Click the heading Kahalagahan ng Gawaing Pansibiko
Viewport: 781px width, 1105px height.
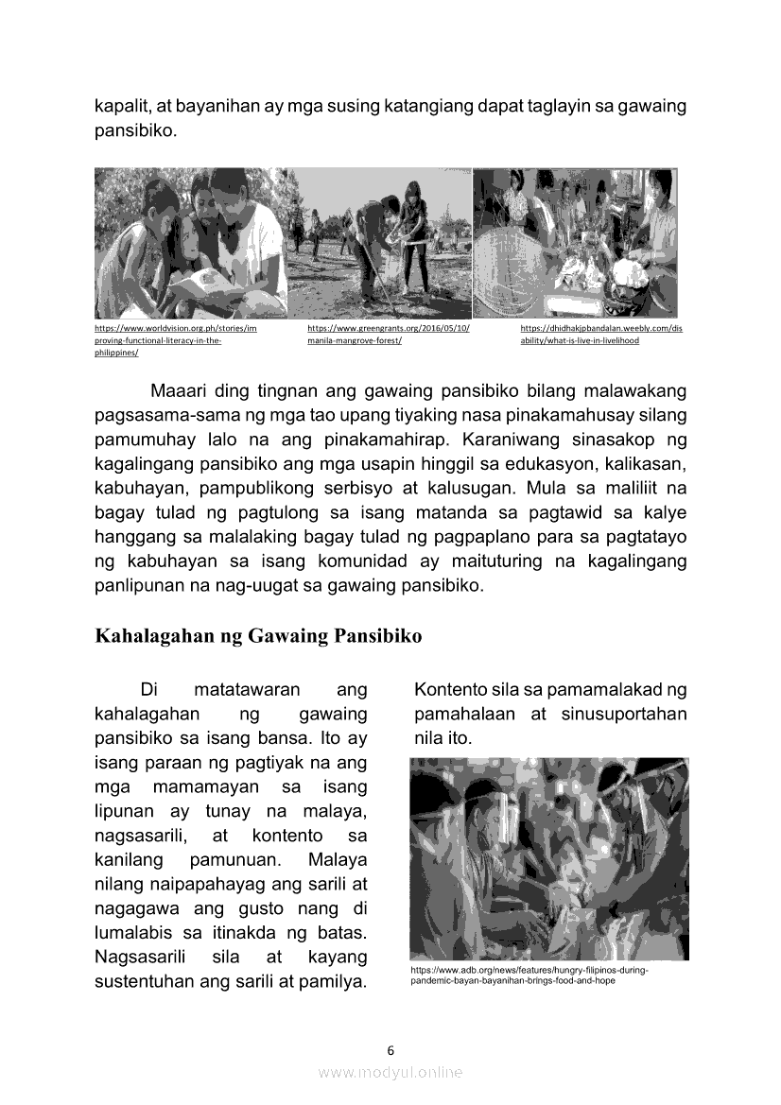(257, 636)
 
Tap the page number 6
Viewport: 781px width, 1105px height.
(390, 1049)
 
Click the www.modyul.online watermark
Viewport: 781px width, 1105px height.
(390, 1072)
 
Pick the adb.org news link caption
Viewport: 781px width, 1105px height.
(528, 976)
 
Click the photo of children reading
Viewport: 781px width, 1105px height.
(190, 243)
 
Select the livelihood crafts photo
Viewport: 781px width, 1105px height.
(575, 243)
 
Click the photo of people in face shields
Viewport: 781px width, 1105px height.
(548, 858)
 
